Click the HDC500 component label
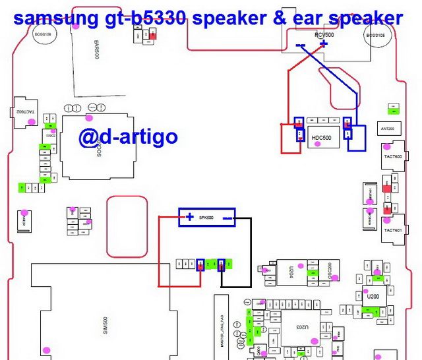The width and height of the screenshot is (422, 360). tap(321, 138)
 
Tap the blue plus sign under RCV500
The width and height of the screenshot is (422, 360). tap(323, 44)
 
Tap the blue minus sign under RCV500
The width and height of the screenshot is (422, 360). tap(301, 45)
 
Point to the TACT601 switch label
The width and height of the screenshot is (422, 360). tap(393, 229)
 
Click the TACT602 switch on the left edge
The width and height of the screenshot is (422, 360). tap(20, 112)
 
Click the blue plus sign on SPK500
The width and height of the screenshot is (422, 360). tap(190, 217)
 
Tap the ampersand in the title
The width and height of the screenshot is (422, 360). tap(291, 18)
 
